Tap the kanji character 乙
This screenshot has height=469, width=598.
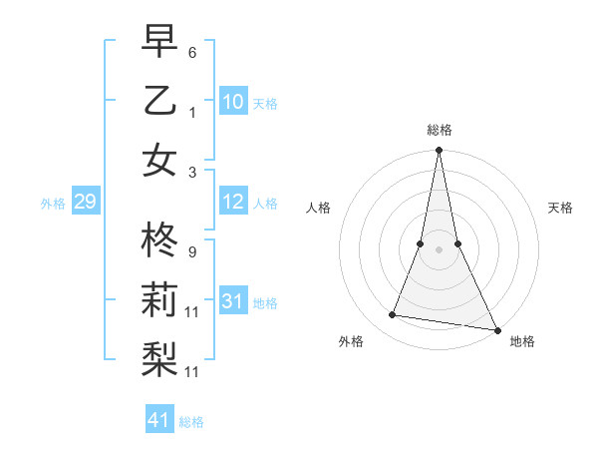click(160, 101)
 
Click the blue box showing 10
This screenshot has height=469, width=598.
click(232, 102)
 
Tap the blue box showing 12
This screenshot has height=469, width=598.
click(232, 203)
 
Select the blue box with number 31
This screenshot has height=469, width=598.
click(232, 301)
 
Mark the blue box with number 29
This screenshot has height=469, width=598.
click(85, 203)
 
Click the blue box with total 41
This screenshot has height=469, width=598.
click(159, 420)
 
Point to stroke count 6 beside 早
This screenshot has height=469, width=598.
click(192, 50)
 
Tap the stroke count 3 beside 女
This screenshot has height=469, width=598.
click(192, 172)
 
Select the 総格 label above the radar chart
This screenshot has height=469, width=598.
click(439, 130)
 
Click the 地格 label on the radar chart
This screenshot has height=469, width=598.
click(522, 342)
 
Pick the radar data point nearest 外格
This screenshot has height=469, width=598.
click(393, 315)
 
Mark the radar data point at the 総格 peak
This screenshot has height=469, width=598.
click(439, 151)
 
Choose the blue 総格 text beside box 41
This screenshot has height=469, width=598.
click(191, 422)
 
